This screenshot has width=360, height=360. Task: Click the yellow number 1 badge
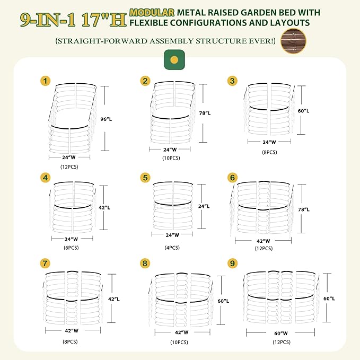[45, 81]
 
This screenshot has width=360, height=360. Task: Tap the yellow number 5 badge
[145, 178]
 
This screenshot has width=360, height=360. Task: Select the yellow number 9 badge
[232, 263]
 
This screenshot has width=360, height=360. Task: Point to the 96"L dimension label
[106, 119]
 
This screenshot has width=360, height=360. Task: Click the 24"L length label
[204, 206]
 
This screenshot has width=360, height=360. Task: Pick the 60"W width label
[281, 333]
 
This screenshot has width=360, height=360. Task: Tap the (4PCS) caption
[172, 248]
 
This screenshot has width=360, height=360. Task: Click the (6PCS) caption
[71, 248]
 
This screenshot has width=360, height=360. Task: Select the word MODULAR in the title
[152, 12]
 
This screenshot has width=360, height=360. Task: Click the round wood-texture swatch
[293, 41]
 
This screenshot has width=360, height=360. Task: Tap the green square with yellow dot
[174, 60]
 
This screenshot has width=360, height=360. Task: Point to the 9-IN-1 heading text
[48, 20]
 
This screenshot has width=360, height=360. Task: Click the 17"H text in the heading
[104, 20]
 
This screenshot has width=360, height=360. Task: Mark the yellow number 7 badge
[45, 263]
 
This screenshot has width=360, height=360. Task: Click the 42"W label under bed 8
[181, 332]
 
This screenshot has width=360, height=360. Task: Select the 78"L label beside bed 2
[205, 113]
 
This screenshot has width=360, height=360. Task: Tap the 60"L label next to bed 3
[303, 111]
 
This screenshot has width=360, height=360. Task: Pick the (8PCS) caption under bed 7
[71, 341]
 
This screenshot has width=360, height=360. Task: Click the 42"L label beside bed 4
[104, 207]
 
